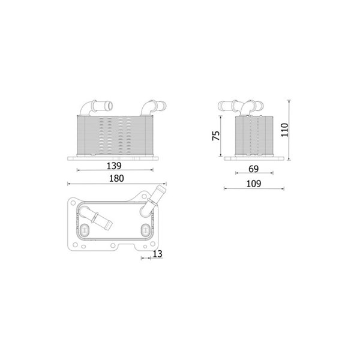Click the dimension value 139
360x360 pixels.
click(x=114, y=166)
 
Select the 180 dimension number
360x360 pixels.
click(x=116, y=178)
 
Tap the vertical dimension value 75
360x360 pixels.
click(x=216, y=136)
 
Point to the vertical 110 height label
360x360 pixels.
click(x=284, y=130)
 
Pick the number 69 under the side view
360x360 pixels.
click(x=253, y=169)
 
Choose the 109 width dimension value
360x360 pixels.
click(x=254, y=184)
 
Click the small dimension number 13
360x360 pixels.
click(x=157, y=254)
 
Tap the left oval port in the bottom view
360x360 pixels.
click(x=85, y=230)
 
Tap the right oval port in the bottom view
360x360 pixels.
click(x=145, y=230)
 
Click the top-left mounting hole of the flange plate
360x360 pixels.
click(x=73, y=203)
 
